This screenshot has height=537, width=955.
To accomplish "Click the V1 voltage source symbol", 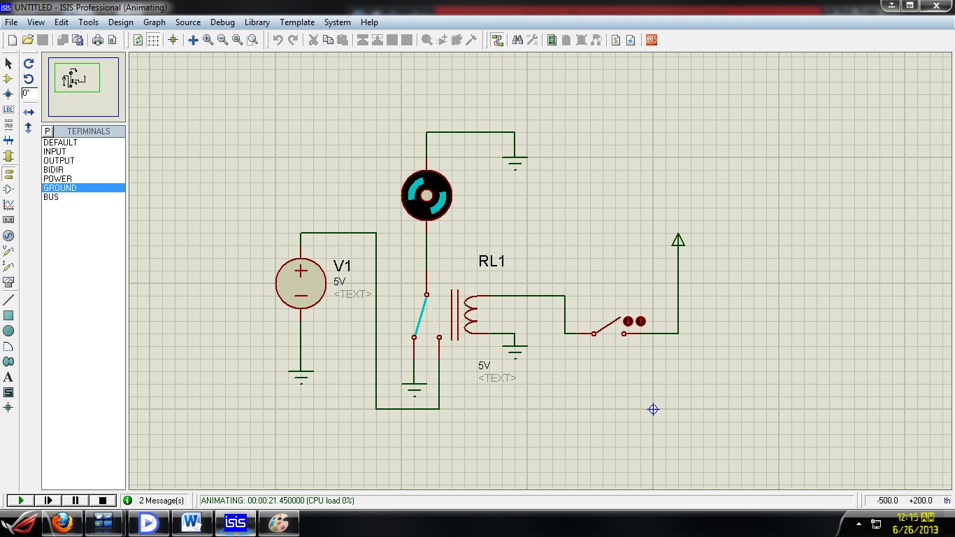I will pos(301,283).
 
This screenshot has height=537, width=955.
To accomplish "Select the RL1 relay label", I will pos(491,262).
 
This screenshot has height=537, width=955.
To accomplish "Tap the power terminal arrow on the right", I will pos(677,240).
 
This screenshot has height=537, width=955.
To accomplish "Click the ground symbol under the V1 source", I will pos(301,376).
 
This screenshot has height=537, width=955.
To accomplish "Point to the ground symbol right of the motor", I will pos(515,163).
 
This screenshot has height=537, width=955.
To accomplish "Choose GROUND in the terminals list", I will pos(60,188).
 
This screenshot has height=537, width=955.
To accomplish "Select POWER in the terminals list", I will pos(57,179).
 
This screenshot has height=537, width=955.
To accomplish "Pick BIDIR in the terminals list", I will pos(53,170).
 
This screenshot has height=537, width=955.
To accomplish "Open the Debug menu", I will pos(222,22).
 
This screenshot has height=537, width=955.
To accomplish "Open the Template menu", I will pos(297,22).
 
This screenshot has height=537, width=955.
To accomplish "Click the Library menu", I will pos(257,22).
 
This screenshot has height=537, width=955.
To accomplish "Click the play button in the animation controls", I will pos(21,500).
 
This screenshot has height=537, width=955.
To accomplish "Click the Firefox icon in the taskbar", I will pos(62,522).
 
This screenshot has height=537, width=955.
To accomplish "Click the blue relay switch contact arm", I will pos(420,315).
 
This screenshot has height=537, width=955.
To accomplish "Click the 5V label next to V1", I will pos(339,281).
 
